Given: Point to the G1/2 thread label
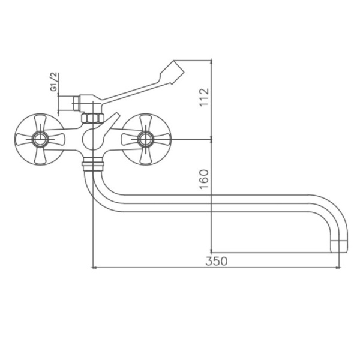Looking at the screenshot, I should coord(53,81).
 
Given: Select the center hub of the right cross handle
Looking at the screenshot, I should coord(145,140).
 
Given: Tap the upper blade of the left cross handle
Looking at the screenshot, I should coord(40,122).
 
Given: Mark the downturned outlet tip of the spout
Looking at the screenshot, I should coord(339,245).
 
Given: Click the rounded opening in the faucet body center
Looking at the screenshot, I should coord(89,140).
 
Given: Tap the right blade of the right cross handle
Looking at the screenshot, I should coord(161,140).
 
